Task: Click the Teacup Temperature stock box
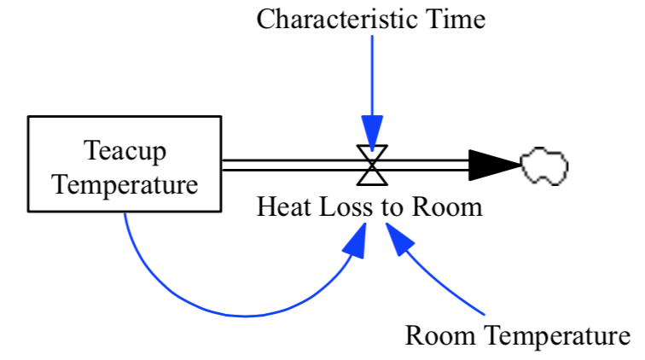coord(125,164)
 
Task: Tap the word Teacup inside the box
coord(125,151)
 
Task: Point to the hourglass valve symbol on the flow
coord(372,165)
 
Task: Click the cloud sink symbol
coord(543,165)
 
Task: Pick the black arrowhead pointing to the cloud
coord(492,165)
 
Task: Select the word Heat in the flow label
coord(280,206)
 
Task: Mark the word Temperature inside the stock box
coord(125,183)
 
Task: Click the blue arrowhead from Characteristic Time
coord(372,135)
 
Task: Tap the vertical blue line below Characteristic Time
coord(372,77)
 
